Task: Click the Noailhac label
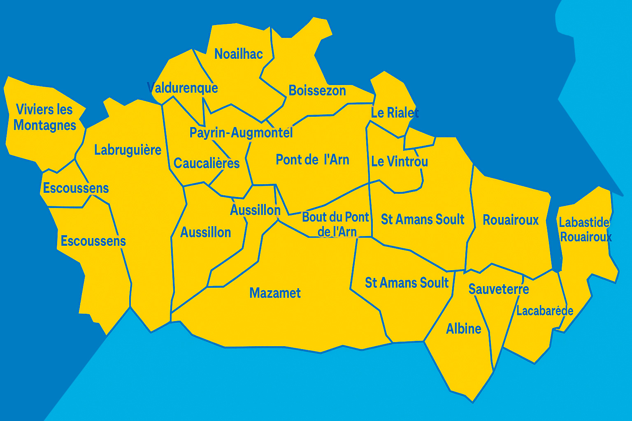(239, 54)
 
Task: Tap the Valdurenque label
(183, 88)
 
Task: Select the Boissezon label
(317, 90)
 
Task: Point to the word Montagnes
(45, 125)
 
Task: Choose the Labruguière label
(128, 150)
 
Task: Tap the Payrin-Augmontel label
(241, 133)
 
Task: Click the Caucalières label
(207, 164)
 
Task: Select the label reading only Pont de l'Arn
(312, 160)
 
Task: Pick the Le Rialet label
(395, 113)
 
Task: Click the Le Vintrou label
(399, 162)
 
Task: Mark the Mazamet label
(275, 293)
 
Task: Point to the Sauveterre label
(499, 289)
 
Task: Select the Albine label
(464, 329)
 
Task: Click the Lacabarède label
(545, 311)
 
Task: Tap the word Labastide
(584, 222)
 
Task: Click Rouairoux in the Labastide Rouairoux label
(586, 237)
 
